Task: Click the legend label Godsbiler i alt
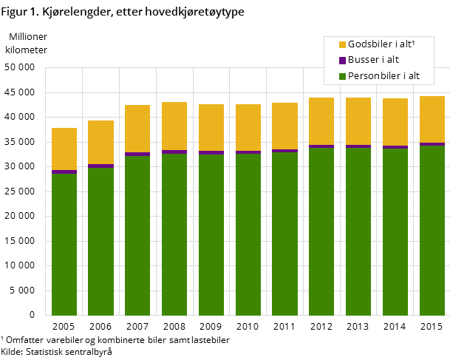(x=381, y=44)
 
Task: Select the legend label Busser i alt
(x=373, y=60)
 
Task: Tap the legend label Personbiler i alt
(x=383, y=76)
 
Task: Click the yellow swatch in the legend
(x=342, y=44)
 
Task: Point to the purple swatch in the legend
(x=342, y=60)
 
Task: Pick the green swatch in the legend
(x=342, y=76)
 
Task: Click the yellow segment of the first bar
(x=64, y=149)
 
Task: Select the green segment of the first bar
(x=64, y=244)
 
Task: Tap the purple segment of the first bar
(x=64, y=171)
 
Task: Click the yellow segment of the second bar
(x=101, y=142)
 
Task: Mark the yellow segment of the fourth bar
(x=174, y=126)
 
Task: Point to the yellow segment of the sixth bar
(x=248, y=127)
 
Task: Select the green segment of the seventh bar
(x=284, y=233)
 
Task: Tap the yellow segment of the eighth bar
(x=321, y=121)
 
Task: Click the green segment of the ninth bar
(x=358, y=231)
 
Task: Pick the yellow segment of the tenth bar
(x=395, y=122)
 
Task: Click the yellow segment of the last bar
(x=432, y=119)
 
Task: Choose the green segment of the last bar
(x=432, y=230)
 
